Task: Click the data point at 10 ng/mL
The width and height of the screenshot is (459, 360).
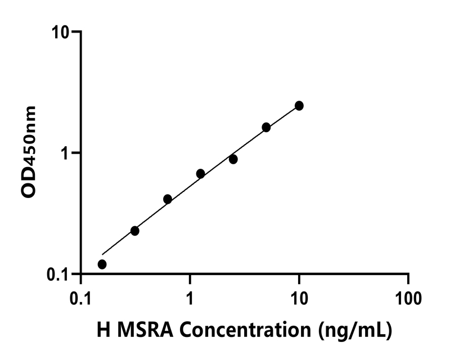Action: (299, 106)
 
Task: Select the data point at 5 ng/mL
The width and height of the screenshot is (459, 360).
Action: (266, 128)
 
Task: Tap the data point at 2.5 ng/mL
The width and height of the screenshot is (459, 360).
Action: (233, 160)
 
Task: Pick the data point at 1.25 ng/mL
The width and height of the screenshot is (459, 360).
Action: (200, 174)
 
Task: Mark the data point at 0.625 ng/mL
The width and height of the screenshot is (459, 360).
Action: (168, 199)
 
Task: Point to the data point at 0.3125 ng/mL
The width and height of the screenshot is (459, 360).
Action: (135, 231)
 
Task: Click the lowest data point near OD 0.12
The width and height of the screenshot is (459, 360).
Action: (102, 264)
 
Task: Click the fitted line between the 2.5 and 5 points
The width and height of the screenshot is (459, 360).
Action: (250, 142)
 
